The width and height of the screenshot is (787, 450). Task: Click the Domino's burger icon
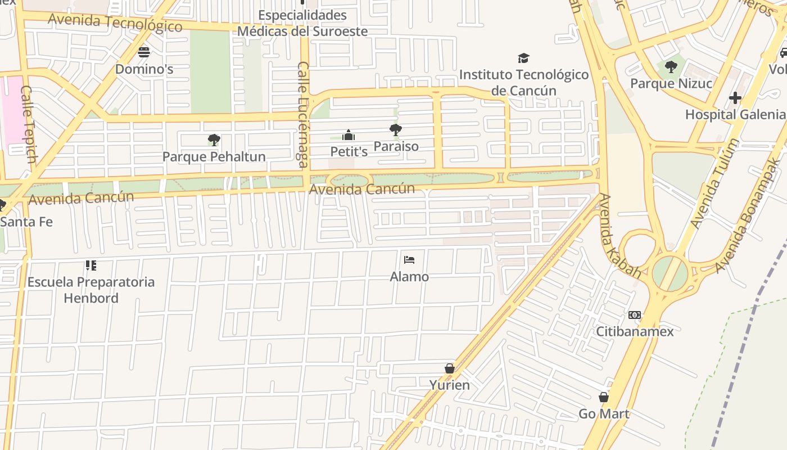[144, 52]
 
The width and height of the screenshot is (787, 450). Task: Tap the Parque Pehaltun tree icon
[214, 140]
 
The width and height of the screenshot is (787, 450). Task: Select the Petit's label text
[349, 151]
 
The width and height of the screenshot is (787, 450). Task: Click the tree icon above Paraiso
[396, 130]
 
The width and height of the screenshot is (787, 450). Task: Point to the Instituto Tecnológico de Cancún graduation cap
[523, 58]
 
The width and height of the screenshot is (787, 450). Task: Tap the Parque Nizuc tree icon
[671, 67]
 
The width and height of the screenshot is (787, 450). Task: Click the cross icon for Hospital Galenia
[735, 98]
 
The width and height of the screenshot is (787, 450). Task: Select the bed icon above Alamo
[409, 260]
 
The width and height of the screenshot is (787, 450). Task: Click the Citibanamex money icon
[635, 315]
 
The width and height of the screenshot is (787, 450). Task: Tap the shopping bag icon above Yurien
[449, 368]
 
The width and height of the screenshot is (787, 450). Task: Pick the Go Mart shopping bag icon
[604, 397]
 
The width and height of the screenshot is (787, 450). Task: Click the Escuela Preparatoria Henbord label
[91, 290]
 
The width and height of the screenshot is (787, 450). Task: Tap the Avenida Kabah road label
[621, 236]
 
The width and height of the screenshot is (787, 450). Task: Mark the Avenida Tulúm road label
[713, 183]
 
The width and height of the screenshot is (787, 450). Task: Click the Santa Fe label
[26, 222]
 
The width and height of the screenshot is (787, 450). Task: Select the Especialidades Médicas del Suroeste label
[302, 22]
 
